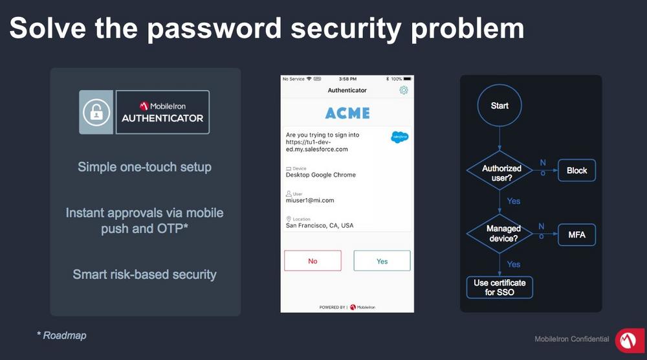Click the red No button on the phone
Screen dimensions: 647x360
click(313, 260)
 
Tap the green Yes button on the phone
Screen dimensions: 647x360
click(382, 260)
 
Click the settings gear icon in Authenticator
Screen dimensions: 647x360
click(404, 90)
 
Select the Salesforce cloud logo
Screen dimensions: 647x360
click(399, 137)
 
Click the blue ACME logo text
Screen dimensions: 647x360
click(347, 113)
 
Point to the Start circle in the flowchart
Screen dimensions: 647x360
click(499, 106)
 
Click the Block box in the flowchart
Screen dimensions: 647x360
click(576, 170)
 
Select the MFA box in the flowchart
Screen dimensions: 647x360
click(576, 234)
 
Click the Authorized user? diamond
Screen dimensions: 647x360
click(499, 170)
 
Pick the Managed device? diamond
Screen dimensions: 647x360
click(499, 234)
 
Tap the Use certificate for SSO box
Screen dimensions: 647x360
click(499, 287)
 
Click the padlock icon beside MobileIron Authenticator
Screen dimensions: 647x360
click(96, 112)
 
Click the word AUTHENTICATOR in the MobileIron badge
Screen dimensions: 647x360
click(162, 118)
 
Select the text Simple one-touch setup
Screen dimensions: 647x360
click(144, 167)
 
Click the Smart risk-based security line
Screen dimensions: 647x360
click(144, 274)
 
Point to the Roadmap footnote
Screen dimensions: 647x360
click(62, 335)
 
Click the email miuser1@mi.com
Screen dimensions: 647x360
click(310, 200)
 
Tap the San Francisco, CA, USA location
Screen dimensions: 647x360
click(320, 225)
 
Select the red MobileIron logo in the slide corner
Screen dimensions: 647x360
click(630, 341)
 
